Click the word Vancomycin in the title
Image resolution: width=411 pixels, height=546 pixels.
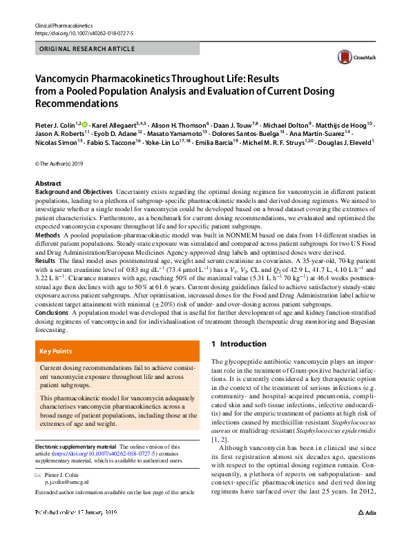64,80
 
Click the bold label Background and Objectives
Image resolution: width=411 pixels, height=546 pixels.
74,191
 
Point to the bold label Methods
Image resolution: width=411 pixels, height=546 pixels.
48,235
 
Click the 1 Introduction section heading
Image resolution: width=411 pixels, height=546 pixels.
238,344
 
